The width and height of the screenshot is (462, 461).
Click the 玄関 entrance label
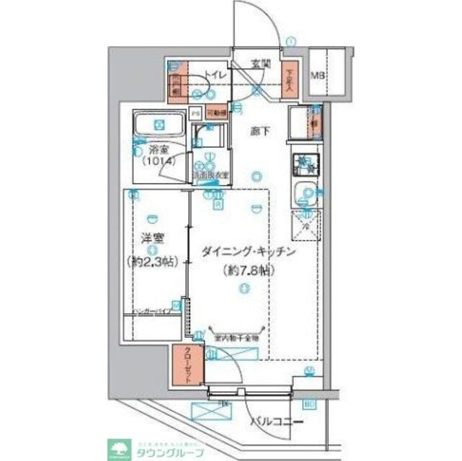tap(260, 63)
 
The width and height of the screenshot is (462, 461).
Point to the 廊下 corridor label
tap(259, 131)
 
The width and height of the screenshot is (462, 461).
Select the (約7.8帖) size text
tap(245, 272)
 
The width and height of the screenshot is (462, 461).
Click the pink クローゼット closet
tap(187, 365)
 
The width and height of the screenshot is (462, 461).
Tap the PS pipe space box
tap(195, 113)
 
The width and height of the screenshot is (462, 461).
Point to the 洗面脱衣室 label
tap(210, 175)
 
